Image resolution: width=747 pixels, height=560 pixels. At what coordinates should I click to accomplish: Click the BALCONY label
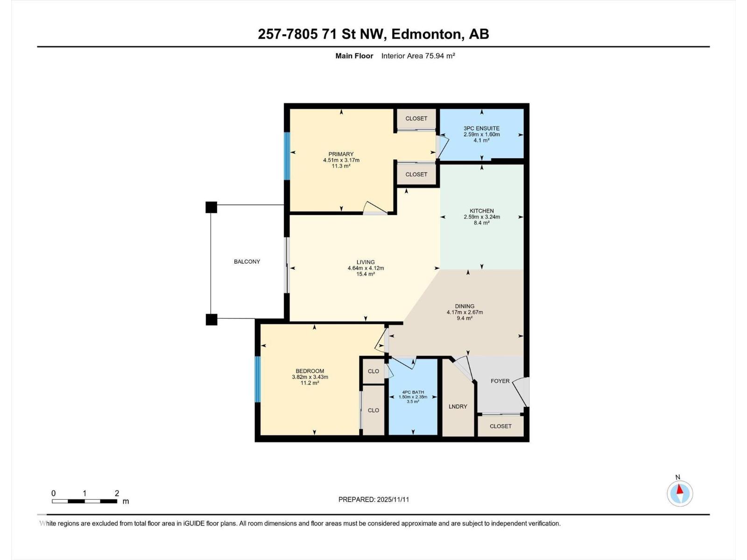[247, 262]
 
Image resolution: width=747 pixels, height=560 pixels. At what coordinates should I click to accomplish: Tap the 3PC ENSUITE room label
[481, 128]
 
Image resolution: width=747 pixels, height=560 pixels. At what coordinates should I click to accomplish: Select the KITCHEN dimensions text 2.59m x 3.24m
[481, 217]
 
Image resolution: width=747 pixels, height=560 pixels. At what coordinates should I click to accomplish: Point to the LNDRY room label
[458, 406]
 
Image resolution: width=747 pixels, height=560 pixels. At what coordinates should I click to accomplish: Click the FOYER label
[500, 381]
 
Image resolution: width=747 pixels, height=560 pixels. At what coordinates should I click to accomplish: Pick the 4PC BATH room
[413, 397]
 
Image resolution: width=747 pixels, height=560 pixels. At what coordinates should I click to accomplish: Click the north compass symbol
[680, 493]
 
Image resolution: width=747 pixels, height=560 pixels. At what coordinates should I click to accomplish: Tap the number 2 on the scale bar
[117, 493]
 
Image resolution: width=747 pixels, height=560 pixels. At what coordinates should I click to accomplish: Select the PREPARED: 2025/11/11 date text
[373, 499]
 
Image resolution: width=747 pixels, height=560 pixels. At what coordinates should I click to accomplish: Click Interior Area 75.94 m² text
[418, 56]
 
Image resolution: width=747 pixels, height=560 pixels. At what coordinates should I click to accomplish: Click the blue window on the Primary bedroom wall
[287, 156]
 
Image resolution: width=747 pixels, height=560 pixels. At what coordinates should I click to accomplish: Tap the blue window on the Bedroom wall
[257, 379]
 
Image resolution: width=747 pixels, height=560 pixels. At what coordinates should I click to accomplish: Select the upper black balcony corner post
[211, 207]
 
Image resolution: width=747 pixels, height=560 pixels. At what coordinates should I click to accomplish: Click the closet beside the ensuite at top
[416, 119]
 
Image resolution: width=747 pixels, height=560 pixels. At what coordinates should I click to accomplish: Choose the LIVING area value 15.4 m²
[366, 274]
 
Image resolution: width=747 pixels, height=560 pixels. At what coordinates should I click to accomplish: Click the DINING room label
[464, 307]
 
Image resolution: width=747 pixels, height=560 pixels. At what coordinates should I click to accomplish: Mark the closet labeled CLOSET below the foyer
[500, 426]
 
